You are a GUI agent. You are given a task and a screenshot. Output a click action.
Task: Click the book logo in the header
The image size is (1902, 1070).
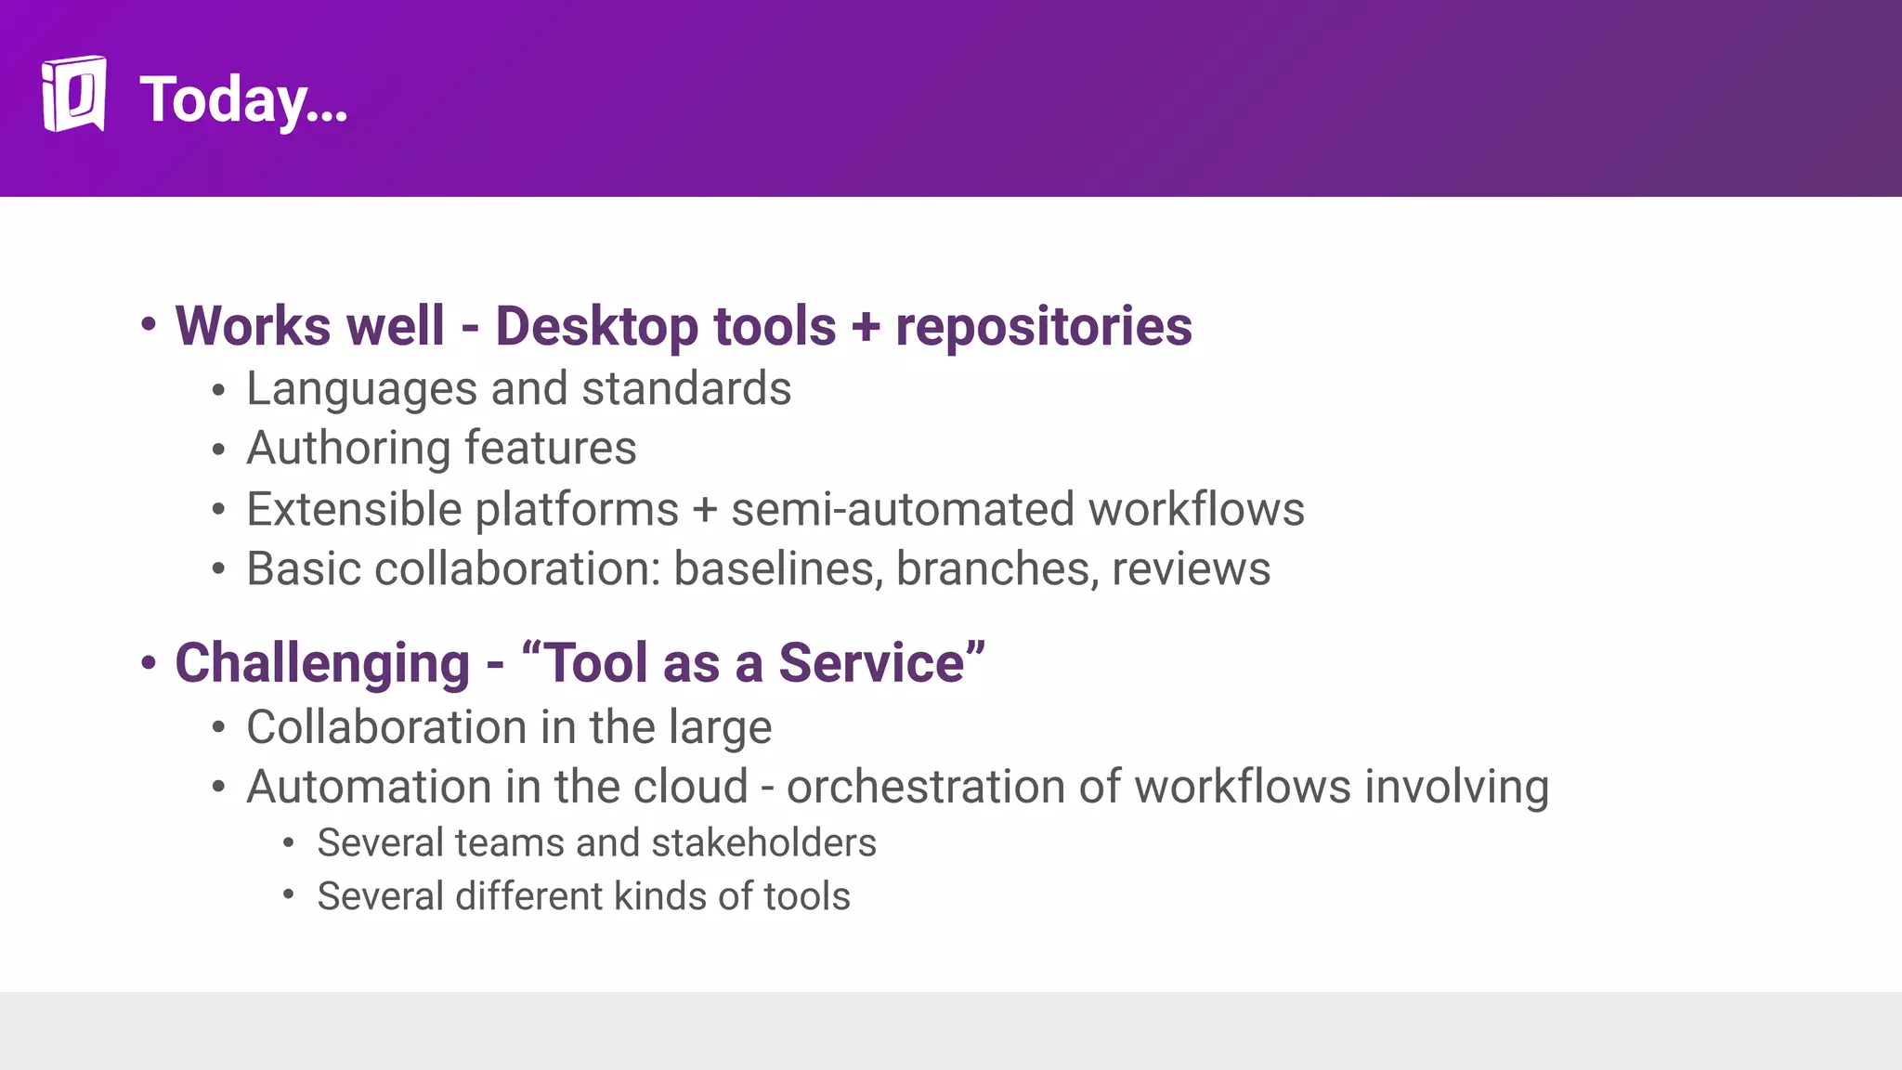tap(73, 94)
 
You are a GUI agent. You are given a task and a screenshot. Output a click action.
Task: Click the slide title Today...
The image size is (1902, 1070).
tap(243, 99)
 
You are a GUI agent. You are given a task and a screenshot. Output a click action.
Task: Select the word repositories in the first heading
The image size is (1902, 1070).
tap(1043, 327)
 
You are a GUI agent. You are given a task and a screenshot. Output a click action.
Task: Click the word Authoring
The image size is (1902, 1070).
tap(347, 450)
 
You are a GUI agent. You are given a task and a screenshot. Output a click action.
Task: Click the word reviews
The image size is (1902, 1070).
tap(1191, 569)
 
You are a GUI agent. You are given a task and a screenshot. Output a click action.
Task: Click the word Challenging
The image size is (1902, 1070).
tap(322, 664)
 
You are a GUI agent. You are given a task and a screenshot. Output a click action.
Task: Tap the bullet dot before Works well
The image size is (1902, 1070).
tap(149, 325)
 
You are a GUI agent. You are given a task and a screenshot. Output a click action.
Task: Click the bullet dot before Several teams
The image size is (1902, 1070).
tap(289, 843)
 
